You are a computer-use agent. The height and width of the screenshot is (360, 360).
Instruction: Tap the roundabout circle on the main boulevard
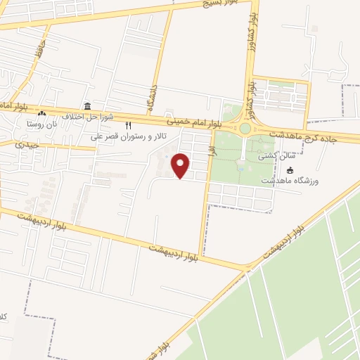(x=245, y=129)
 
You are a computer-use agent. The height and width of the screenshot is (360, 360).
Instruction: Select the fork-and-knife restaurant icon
(x=128, y=126)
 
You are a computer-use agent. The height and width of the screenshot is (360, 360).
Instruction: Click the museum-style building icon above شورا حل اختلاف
(x=87, y=105)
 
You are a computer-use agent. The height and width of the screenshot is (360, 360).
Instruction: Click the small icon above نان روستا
(x=41, y=113)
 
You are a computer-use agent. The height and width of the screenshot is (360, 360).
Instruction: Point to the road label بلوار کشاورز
(x=250, y=95)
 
